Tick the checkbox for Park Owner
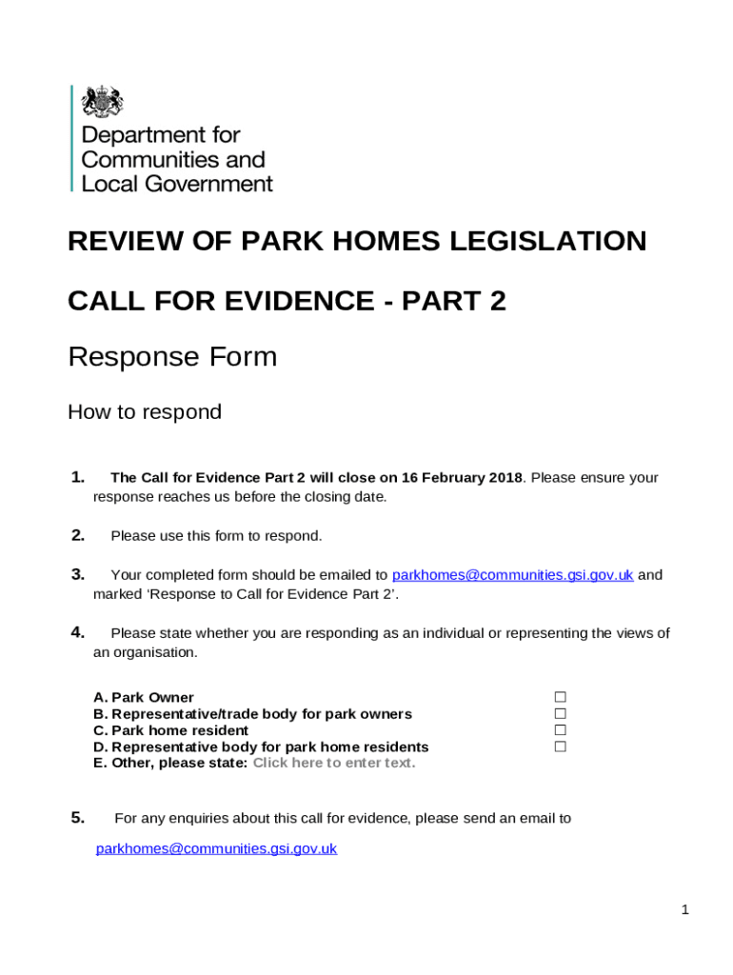click(x=561, y=697)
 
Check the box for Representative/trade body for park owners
click(x=561, y=713)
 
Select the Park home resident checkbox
click(x=561, y=730)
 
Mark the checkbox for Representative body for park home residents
click(x=561, y=746)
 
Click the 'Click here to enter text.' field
click(x=334, y=763)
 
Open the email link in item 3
click(x=512, y=574)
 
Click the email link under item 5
click(x=216, y=848)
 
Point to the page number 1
click(x=684, y=910)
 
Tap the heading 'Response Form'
click(x=172, y=357)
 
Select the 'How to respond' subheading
click(x=145, y=412)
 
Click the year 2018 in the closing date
click(x=505, y=477)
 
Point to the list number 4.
click(x=78, y=632)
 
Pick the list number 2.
click(x=78, y=535)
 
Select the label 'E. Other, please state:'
click(x=170, y=763)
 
